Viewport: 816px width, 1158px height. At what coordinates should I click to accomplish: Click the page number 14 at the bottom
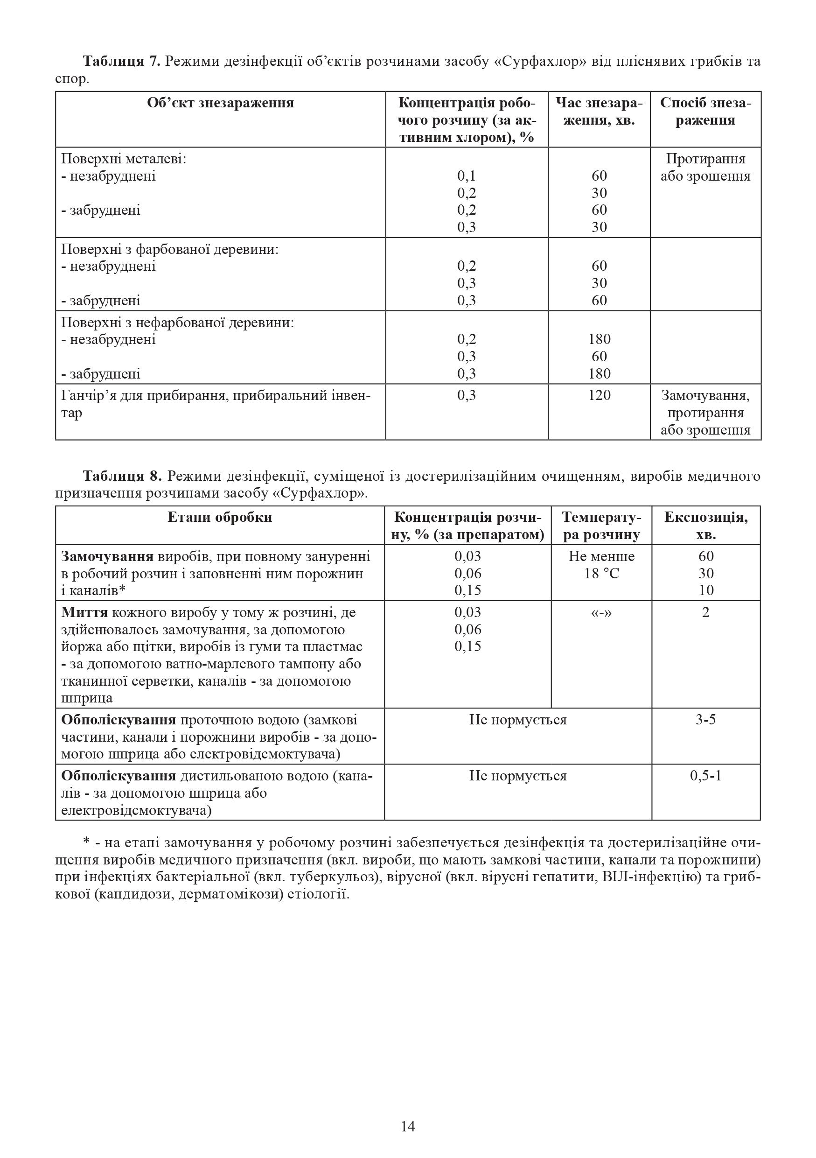408,1126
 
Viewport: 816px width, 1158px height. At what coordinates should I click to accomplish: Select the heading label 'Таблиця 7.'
121,62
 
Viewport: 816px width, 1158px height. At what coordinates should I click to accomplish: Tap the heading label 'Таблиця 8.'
123,476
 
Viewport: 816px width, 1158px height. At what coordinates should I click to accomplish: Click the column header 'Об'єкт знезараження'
220,103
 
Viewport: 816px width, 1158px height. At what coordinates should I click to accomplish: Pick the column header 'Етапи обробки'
220,517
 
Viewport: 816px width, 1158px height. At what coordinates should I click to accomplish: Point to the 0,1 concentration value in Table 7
467,175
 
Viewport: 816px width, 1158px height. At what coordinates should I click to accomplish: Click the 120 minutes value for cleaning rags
599,395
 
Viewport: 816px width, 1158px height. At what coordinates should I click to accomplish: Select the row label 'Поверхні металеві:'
124,159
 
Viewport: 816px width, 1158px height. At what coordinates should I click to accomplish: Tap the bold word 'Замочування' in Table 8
107,556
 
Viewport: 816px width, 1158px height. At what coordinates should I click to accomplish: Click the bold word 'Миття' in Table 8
84,612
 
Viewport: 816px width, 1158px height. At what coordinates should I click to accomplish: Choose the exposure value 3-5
705,719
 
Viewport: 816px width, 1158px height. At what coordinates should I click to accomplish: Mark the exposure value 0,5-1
705,775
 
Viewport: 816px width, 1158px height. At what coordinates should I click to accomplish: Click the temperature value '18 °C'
601,574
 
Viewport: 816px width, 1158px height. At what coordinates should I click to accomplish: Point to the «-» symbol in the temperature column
601,612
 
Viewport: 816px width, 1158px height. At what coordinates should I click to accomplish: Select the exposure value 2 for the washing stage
705,612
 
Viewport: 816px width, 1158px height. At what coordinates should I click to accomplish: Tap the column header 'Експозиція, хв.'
705,526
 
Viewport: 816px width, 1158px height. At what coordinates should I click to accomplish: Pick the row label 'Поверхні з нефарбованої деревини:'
177,322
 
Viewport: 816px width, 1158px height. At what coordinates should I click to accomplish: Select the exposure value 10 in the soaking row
705,590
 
